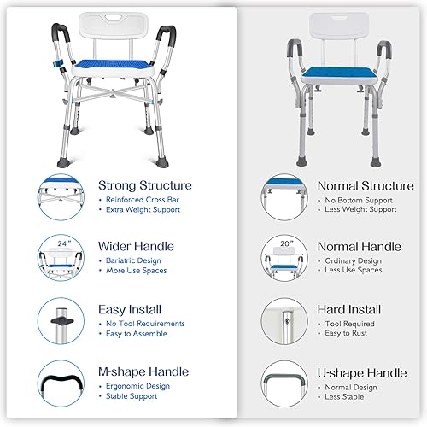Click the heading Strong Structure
point(145,185)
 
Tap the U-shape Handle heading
point(361,372)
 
